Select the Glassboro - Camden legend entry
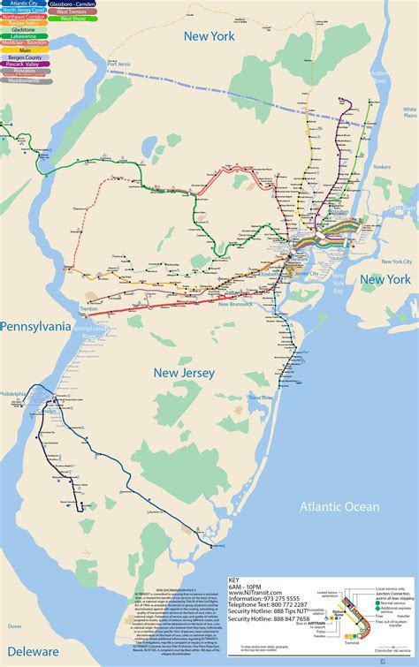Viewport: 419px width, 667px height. coord(73,5)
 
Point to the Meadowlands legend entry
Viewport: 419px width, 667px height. coord(24,80)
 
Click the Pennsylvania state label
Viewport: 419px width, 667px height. coord(35,326)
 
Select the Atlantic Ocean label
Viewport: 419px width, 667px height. coord(338,506)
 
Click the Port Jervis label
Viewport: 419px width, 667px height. coord(118,64)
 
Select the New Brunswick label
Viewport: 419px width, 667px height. coord(235,304)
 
